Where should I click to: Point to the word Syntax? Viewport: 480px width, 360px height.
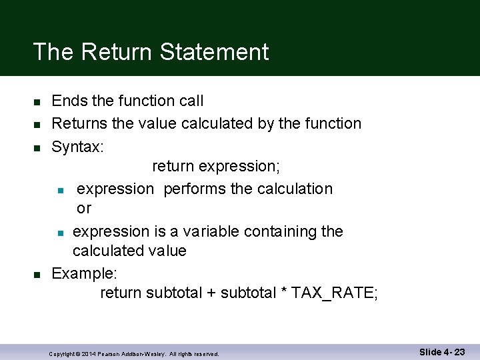pyautogui.click(x=77, y=147)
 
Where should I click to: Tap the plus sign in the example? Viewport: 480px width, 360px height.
pyautogui.click(x=211, y=293)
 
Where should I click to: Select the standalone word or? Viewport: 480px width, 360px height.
pyautogui.click(x=84, y=209)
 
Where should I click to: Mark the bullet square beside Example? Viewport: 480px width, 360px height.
pyautogui.click(x=37, y=274)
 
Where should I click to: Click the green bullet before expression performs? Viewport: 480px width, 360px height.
pyautogui.click(x=61, y=190)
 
